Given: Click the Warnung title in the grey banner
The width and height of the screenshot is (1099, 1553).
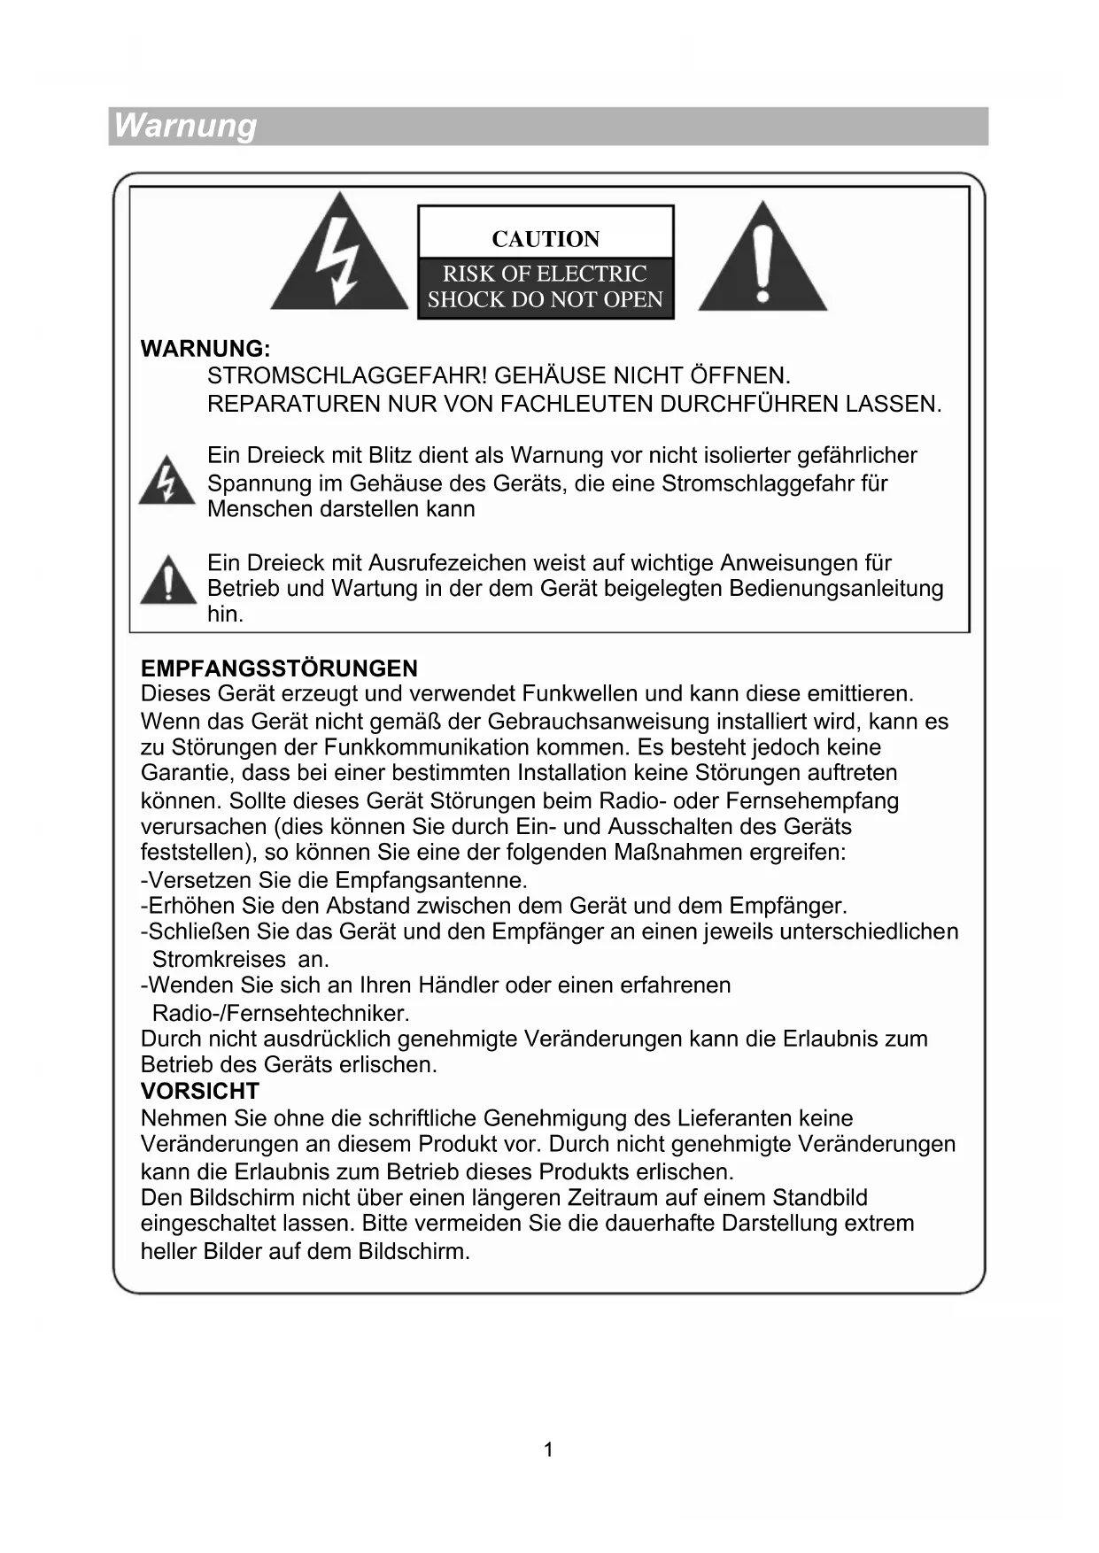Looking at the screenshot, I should pos(185,126).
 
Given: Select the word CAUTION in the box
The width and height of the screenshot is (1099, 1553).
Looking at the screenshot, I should pos(546,239).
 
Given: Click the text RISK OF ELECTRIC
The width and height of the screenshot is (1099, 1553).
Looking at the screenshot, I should pos(545,274).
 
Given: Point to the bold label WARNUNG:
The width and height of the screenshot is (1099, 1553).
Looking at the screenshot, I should pos(205,349).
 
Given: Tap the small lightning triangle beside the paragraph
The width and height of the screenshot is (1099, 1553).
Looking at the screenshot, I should pos(166,482).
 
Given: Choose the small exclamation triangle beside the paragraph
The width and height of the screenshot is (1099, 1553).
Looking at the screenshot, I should pos(167,581).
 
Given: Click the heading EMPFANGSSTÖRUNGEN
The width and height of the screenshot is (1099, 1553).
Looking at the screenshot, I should pos(279,668).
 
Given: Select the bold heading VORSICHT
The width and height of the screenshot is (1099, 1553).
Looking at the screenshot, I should pos(200,1091).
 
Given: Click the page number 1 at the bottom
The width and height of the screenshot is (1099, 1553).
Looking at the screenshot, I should pos(548,1449).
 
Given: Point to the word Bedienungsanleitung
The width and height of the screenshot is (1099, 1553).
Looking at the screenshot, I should pos(836,589).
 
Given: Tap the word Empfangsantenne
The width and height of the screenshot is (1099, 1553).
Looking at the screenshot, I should pos(431,880).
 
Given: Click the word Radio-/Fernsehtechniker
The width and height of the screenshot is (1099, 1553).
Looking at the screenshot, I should pos(281,1013).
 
